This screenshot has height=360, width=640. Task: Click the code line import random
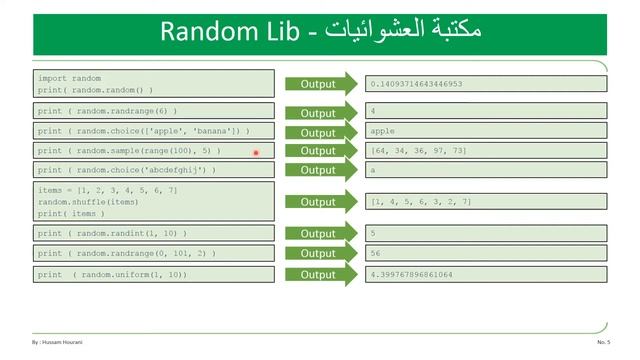point(70,78)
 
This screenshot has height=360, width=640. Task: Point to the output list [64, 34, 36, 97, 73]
point(418,150)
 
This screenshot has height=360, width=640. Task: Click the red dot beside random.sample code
point(256,152)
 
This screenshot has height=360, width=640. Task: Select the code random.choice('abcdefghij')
point(127,170)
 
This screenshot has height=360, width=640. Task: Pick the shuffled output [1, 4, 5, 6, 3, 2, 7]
point(420,202)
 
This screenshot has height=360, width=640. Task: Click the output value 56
point(376,254)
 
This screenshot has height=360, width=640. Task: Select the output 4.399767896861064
point(411,274)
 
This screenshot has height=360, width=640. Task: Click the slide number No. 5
point(603,342)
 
